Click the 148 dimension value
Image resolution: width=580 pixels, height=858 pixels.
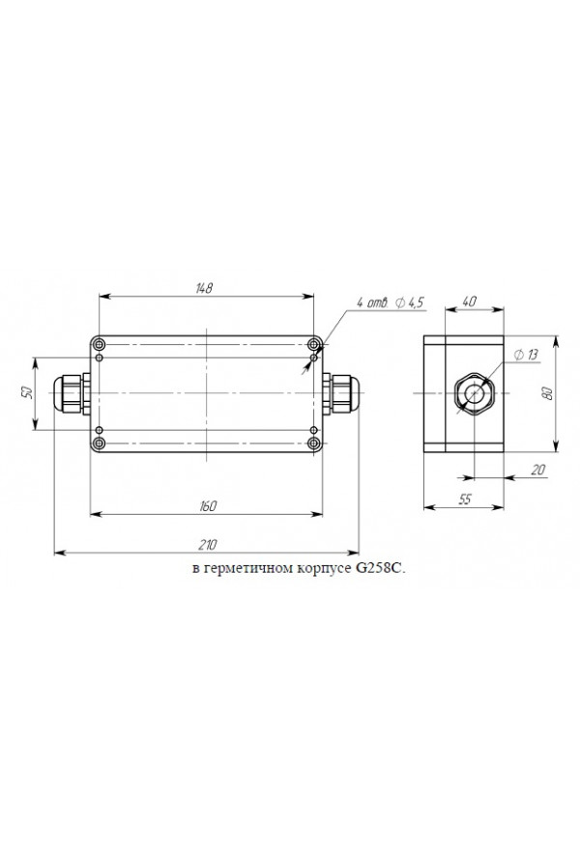click(205, 288)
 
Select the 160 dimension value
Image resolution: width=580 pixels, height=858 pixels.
click(208, 506)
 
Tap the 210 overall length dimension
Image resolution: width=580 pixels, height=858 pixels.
click(208, 545)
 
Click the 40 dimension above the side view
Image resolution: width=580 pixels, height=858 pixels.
click(470, 300)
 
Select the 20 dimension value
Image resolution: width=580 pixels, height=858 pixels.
click(539, 469)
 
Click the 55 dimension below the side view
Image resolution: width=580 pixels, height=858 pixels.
click(464, 499)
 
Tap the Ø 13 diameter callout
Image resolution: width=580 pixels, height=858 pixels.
click(526, 355)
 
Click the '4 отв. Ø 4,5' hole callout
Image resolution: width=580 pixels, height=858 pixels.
click(390, 302)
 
